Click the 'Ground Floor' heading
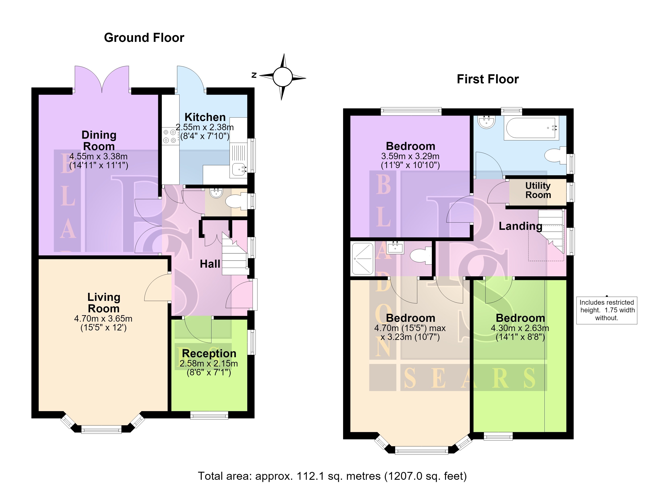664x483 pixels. (x=144, y=38)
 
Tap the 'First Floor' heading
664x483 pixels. (x=488, y=79)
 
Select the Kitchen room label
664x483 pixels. (x=205, y=117)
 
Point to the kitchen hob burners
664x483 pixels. (x=169, y=136)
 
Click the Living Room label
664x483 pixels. (x=104, y=303)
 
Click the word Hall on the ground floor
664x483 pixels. (x=210, y=264)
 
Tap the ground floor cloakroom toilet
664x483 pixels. (x=236, y=201)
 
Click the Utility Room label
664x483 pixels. (x=538, y=190)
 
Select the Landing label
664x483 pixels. (x=521, y=226)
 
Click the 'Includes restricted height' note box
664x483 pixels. (x=607, y=310)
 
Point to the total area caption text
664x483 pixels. (x=332, y=476)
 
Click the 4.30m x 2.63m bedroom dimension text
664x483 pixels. (x=520, y=328)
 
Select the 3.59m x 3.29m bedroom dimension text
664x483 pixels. (x=410, y=156)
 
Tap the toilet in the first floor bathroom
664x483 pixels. (x=555, y=155)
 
